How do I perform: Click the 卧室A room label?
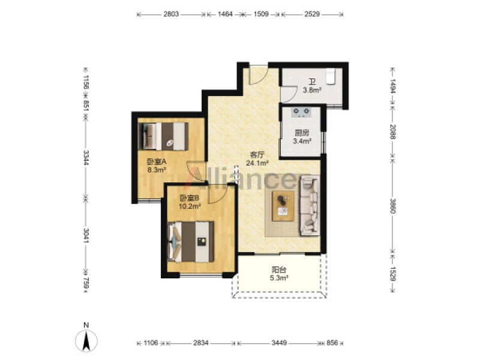[x=157, y=161]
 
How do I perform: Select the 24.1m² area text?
[x=257, y=163]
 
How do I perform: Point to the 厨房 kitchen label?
[x=302, y=133]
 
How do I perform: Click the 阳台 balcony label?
[x=279, y=270]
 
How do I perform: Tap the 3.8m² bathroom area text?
[x=312, y=91]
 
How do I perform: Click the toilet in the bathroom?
[x=331, y=76]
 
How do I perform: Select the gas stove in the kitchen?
[x=302, y=112]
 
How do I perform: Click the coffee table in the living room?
[x=283, y=206]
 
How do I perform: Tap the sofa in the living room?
[x=310, y=205]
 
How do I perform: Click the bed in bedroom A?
[x=163, y=136]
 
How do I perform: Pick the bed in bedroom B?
[x=191, y=242]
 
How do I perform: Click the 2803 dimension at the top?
[x=171, y=14]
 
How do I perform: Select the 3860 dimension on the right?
[x=393, y=206]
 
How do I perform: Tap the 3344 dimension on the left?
[x=86, y=158]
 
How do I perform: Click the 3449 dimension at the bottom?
[x=279, y=343]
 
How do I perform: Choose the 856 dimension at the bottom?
[x=332, y=343]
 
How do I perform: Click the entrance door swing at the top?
[x=259, y=75]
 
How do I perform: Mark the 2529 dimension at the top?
[x=312, y=14]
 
